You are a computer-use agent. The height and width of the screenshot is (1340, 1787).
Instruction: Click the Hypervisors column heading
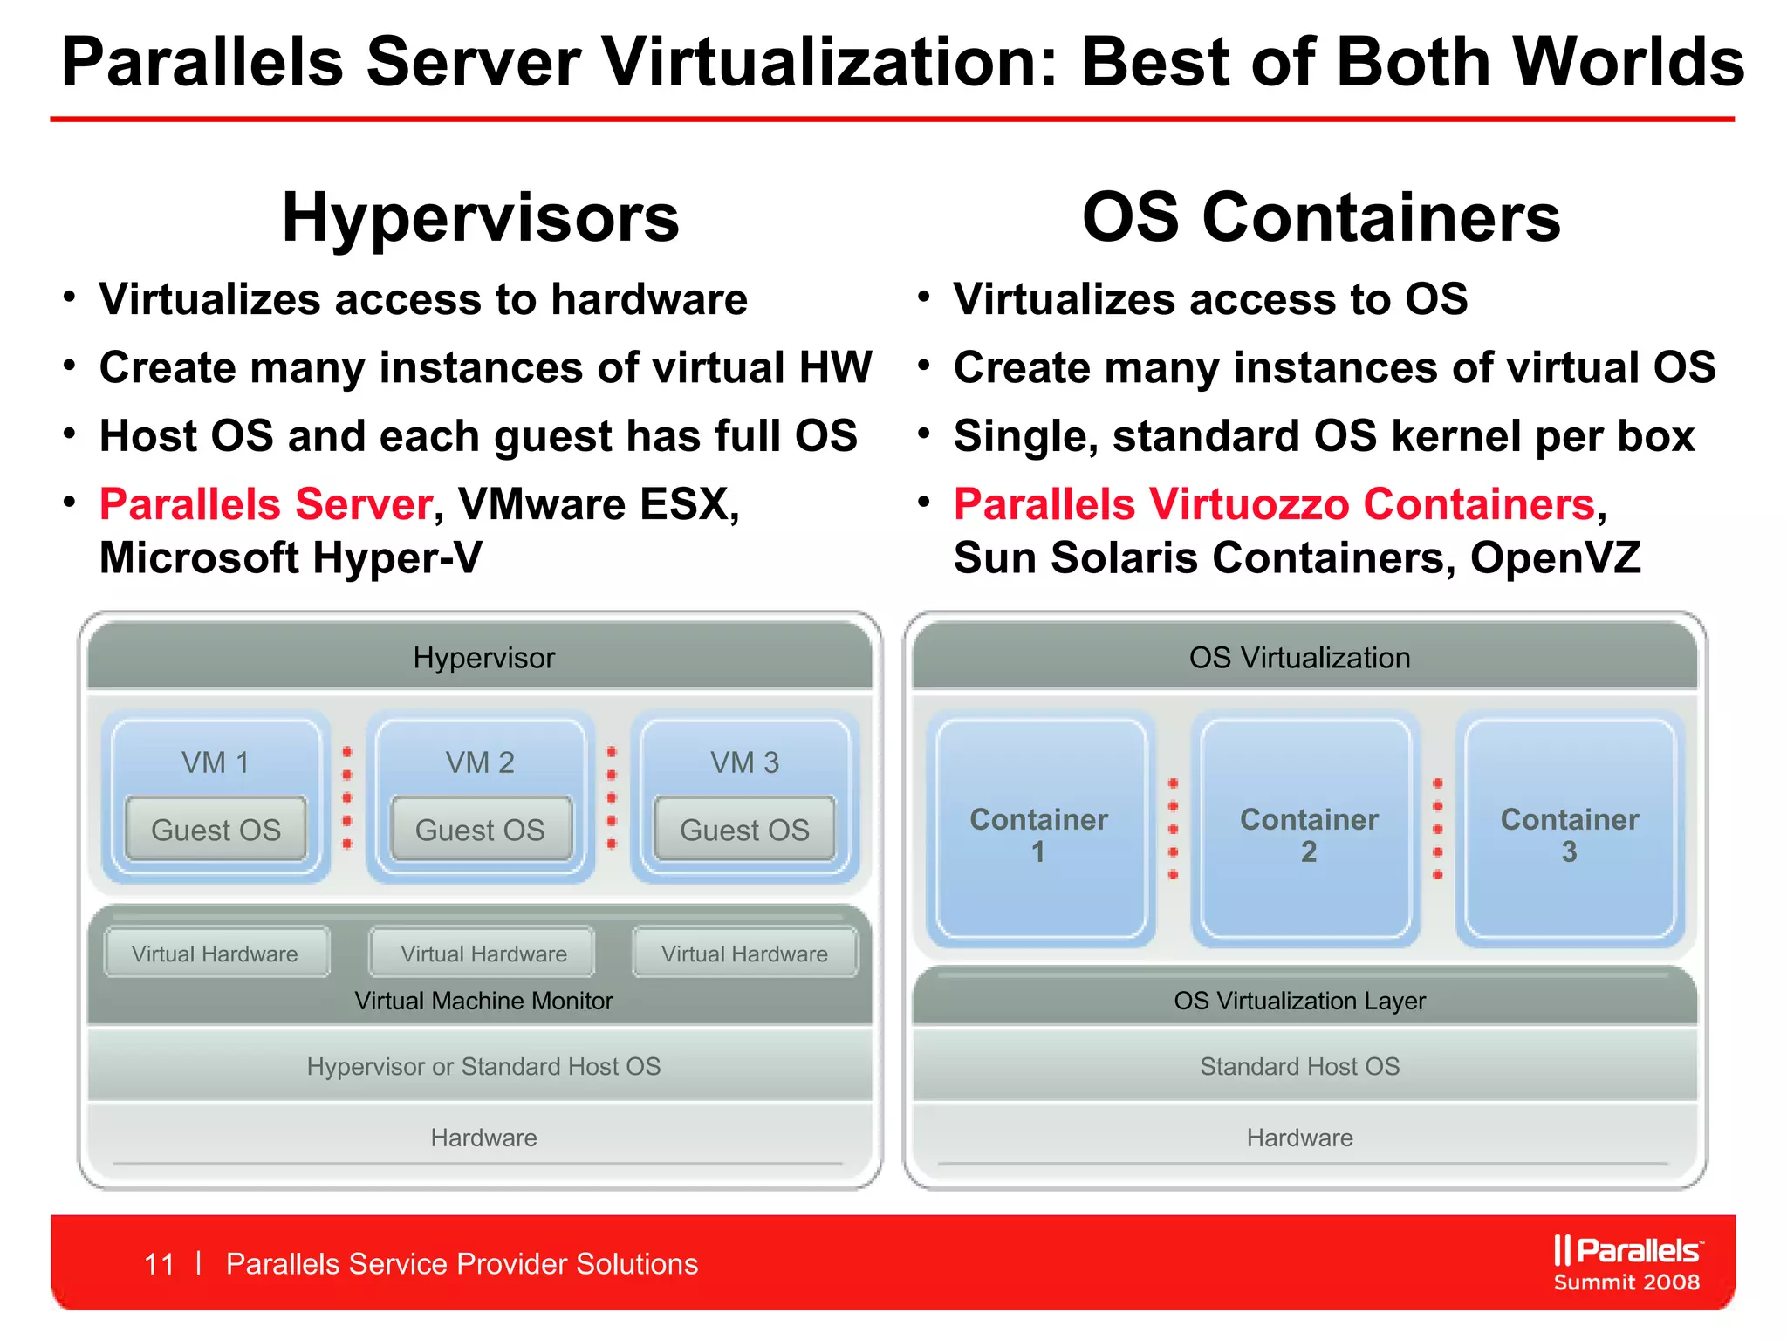480,218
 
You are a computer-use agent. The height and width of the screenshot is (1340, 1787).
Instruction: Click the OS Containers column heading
1321,218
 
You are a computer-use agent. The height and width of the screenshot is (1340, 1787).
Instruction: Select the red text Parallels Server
266,504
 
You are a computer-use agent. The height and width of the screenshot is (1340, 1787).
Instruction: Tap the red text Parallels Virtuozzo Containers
1275,504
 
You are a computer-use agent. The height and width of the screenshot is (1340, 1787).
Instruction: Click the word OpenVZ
1555,558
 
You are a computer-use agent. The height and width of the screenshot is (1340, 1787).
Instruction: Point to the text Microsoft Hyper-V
291,558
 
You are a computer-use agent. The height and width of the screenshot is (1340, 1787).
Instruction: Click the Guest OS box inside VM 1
216,830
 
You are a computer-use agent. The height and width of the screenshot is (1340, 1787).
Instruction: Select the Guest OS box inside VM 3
744,830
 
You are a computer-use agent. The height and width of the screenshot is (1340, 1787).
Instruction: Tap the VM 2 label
480,762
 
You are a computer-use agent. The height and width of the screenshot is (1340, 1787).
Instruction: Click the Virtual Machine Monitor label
483,1001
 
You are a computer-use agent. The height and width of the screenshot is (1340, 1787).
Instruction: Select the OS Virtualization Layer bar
1299,1000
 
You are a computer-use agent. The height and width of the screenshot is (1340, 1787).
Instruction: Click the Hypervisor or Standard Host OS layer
483,1066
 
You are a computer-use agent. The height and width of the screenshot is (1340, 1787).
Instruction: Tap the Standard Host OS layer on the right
1299,1066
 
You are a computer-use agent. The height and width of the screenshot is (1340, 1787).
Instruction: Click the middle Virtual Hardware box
483,954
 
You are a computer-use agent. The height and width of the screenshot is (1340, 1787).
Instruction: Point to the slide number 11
159,1264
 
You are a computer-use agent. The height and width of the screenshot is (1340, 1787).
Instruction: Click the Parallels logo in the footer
1626,1251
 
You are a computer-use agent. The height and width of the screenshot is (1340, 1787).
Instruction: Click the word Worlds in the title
1628,63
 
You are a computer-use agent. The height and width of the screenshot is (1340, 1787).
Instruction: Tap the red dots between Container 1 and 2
1174,829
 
